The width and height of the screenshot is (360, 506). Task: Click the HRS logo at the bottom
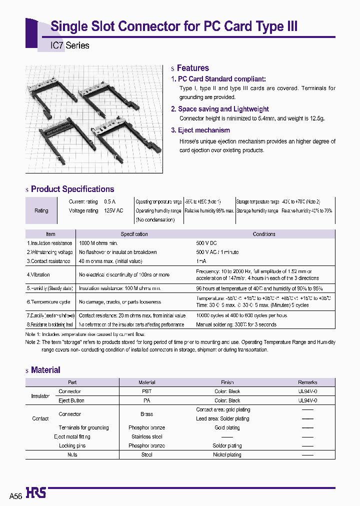click(35, 493)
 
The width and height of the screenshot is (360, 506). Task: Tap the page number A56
click(15, 496)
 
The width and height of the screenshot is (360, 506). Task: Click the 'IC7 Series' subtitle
click(70, 45)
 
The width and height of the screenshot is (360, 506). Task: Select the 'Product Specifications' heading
click(72, 189)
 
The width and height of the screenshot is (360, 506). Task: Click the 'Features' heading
click(192, 68)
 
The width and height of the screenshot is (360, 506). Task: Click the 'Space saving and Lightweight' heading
click(223, 109)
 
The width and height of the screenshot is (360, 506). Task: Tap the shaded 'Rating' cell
click(41, 210)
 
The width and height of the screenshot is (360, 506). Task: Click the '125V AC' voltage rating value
click(113, 211)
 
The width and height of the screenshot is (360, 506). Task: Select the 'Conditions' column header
click(264, 234)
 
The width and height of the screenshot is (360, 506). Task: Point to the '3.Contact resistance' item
click(48, 261)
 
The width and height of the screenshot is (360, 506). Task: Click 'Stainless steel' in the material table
click(146, 436)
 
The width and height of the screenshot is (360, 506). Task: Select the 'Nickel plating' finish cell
click(227, 454)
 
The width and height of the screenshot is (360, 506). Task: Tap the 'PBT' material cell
click(146, 391)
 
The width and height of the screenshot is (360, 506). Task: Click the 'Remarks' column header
click(307, 382)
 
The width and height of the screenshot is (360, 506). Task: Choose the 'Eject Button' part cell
click(71, 400)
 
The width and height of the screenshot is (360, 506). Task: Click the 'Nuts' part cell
click(72, 454)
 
